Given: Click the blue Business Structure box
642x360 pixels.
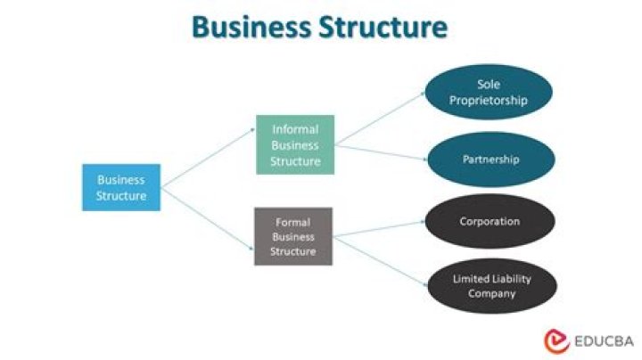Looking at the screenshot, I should coord(121,186).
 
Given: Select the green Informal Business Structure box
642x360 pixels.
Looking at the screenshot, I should coord(295,144).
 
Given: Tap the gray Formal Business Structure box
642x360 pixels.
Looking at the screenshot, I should coord(293,236).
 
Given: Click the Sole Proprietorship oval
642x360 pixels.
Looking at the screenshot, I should coord(488,92).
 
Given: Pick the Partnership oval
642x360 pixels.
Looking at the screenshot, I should coord(490,160).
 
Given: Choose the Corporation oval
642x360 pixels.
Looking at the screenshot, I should coord(489,221).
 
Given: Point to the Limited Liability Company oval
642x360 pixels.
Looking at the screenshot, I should coord(490,286).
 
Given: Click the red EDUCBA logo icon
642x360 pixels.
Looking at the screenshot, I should coord(556,340).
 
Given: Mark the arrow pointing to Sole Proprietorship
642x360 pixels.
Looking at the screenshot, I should coord(379,119).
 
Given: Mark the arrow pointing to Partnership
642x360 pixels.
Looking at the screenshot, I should coord(379,152).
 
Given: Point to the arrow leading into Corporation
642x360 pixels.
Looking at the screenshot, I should coord(379,228).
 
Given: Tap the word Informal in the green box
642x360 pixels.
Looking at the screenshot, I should coord(295,129).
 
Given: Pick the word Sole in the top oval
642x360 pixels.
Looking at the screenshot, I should coord(489,84).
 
